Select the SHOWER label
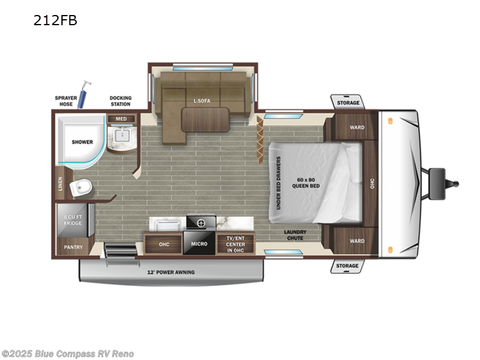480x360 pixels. coord(82,142)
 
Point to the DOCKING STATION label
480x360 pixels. coord(120,100)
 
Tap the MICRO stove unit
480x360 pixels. coord(200,238)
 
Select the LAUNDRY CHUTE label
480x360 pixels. coord(295,235)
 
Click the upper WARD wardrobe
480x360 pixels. coord(356,127)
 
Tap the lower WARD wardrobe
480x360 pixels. coord(356,241)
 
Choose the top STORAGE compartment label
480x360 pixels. coord(347,103)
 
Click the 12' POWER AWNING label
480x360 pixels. coord(171,272)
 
